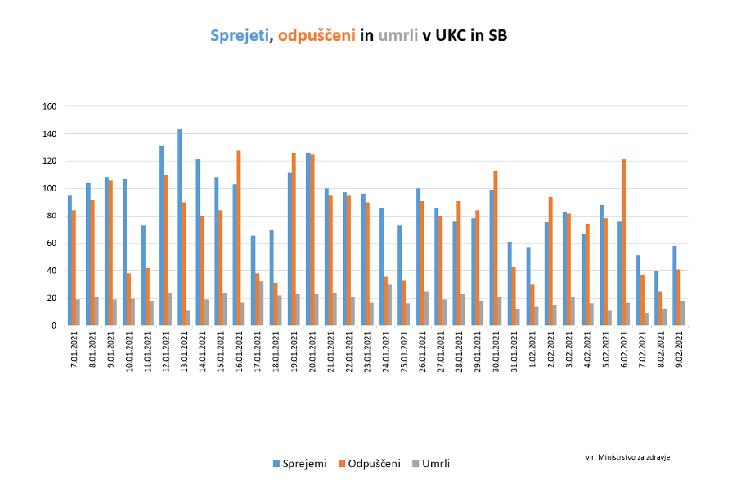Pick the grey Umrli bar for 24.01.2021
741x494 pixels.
tap(389, 305)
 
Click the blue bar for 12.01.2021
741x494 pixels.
tap(162, 236)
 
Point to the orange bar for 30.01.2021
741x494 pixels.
tap(495, 248)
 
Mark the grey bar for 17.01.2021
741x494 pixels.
tap(261, 303)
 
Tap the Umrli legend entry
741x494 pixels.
tap(430, 463)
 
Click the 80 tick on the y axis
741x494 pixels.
tap(52, 216)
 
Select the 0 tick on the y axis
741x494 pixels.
tap(54, 325)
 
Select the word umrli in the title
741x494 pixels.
tap(398, 35)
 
